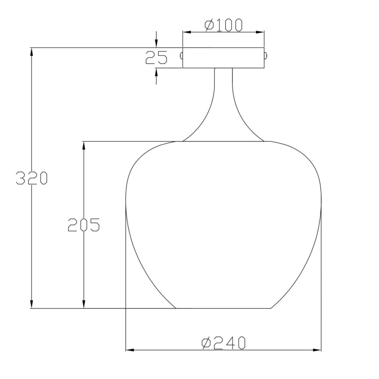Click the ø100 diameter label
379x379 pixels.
click(223, 25)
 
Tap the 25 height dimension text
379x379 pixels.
click(156, 58)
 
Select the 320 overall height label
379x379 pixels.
click(31, 178)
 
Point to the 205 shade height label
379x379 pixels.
click(83, 224)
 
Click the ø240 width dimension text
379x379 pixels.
click(223, 343)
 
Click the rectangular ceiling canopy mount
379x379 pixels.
click(223, 58)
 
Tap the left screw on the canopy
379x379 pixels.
click(181, 55)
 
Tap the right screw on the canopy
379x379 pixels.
click(266, 55)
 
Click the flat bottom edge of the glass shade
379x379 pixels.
click(223, 308)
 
